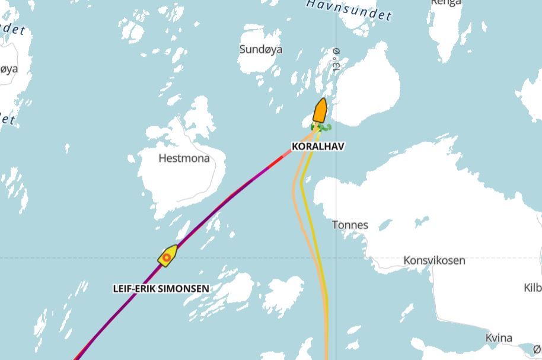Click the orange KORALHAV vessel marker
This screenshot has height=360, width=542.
pyautogui.click(x=320, y=111)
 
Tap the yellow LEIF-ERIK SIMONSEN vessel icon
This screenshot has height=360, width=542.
pyautogui.click(x=168, y=256)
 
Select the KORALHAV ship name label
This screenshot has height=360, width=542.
pyautogui.click(x=318, y=146)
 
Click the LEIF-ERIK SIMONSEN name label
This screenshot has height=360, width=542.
pyautogui.click(x=161, y=289)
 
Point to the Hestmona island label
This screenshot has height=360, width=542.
pyautogui.click(x=184, y=158)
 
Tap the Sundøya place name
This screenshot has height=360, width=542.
pyautogui.click(x=261, y=49)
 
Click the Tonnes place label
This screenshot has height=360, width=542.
pyautogui.click(x=350, y=225)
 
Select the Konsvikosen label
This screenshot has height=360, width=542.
pyautogui.click(x=434, y=260)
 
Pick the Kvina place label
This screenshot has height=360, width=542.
pyautogui.click(x=499, y=338)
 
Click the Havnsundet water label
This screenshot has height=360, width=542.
pyautogui.click(x=350, y=8)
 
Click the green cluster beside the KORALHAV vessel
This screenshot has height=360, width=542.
pyautogui.click(x=321, y=127)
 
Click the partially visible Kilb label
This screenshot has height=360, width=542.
pyautogui.click(x=532, y=288)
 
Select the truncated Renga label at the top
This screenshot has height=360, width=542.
pyautogui.click(x=445, y=2)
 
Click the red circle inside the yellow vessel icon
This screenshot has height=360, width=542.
pyautogui.click(x=167, y=257)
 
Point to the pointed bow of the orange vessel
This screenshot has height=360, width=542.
pyautogui.click(x=323, y=100)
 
